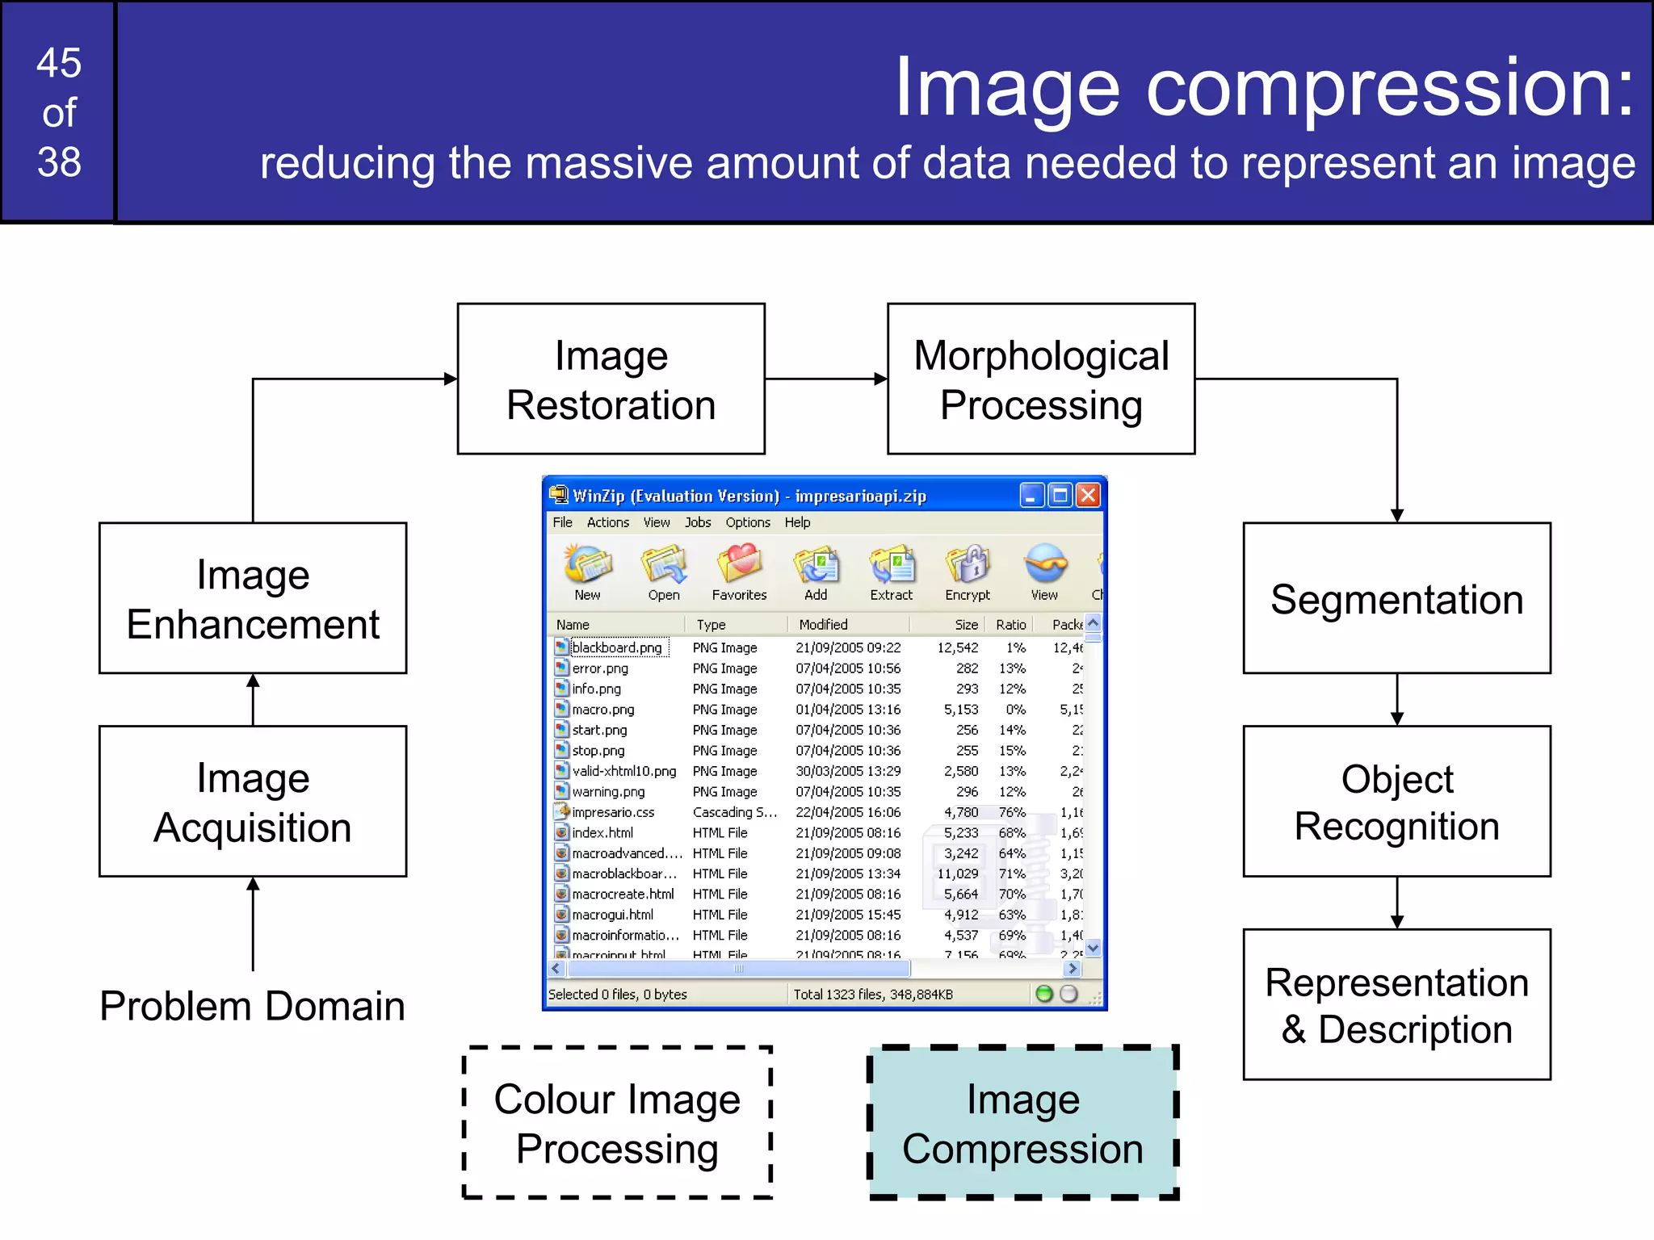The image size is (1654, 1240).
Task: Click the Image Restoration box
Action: click(x=611, y=379)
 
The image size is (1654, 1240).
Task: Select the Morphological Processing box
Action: click(x=1040, y=379)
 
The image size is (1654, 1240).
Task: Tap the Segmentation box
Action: click(x=1396, y=598)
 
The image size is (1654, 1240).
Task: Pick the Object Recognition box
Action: click(x=1396, y=802)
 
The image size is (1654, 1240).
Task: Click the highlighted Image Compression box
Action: click(x=1022, y=1123)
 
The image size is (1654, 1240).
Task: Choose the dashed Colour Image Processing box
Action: click(x=617, y=1123)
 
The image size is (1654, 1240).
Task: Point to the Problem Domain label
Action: click(x=252, y=1006)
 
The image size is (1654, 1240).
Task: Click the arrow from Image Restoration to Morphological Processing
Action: click(x=825, y=379)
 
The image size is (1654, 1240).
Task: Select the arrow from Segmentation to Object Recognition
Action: click(x=1397, y=699)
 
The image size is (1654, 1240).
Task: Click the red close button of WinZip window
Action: click(x=1088, y=495)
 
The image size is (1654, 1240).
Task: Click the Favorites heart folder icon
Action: click(x=739, y=563)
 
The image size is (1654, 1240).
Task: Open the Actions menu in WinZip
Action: click(x=607, y=522)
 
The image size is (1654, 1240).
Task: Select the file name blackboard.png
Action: click(x=616, y=647)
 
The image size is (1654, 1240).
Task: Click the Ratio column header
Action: click(x=1010, y=624)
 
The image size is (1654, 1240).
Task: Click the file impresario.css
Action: click(x=612, y=812)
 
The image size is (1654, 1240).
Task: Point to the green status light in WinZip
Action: click(x=1043, y=994)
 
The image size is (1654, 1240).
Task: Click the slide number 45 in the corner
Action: click(x=59, y=62)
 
